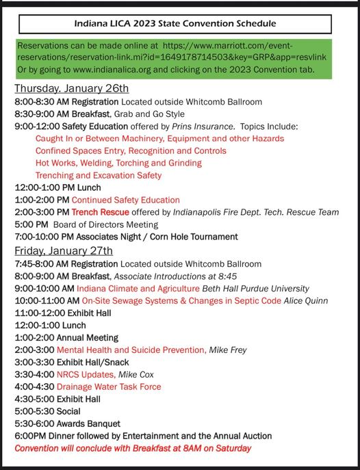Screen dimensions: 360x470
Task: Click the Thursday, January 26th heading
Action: pyautogui.click(x=71, y=89)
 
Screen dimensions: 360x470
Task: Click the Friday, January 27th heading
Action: pyautogui.click(x=64, y=250)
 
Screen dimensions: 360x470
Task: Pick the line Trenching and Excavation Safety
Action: pyautogui.click(x=99, y=175)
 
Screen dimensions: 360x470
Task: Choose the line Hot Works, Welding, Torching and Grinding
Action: pyautogui.click(x=118, y=163)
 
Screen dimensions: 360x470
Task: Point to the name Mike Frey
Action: pyautogui.click(x=228, y=350)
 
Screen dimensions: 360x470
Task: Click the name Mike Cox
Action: pyautogui.click(x=136, y=374)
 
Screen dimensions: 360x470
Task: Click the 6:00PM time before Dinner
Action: pyautogui.click(x=29, y=436)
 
